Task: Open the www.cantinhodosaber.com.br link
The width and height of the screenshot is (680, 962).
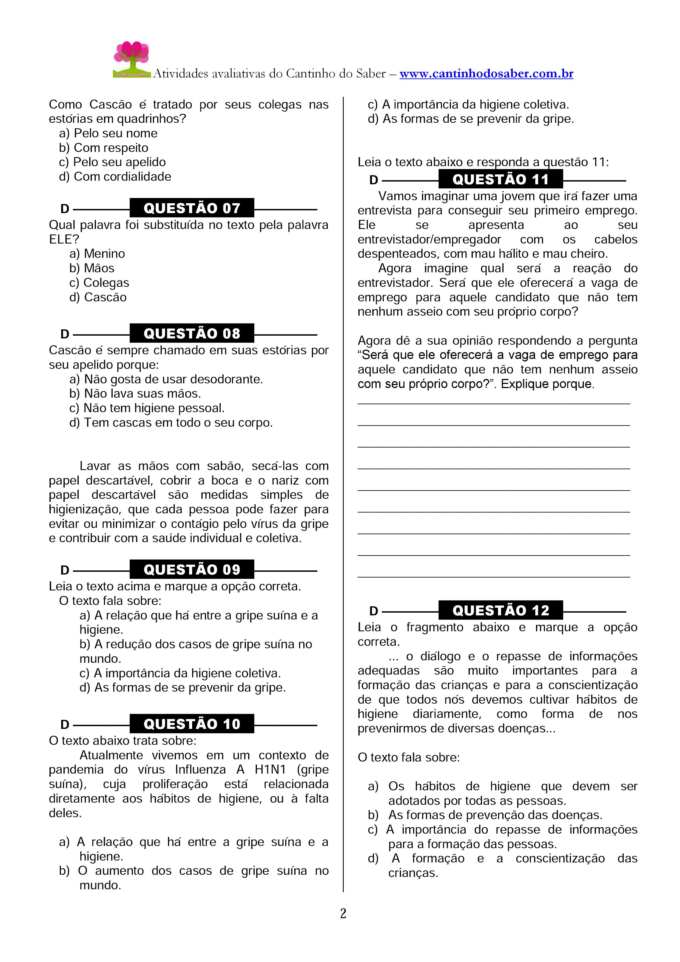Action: click(486, 74)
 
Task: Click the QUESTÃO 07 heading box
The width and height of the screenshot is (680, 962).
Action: click(192, 208)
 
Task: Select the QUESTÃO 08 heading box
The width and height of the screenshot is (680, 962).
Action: click(192, 333)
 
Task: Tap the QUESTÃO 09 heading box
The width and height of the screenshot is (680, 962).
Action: click(192, 569)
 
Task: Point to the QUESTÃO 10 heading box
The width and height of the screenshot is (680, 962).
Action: click(192, 724)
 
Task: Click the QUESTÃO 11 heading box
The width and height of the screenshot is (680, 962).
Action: click(500, 179)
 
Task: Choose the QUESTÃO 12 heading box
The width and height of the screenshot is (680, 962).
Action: click(500, 610)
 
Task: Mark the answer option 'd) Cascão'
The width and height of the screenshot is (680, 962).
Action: click(98, 297)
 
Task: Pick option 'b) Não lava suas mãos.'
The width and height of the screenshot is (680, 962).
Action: click(135, 394)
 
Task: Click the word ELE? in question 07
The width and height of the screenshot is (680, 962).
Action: click(64, 239)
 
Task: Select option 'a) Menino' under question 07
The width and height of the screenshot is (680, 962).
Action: click(97, 253)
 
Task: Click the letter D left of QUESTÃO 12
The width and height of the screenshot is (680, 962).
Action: click(374, 611)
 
